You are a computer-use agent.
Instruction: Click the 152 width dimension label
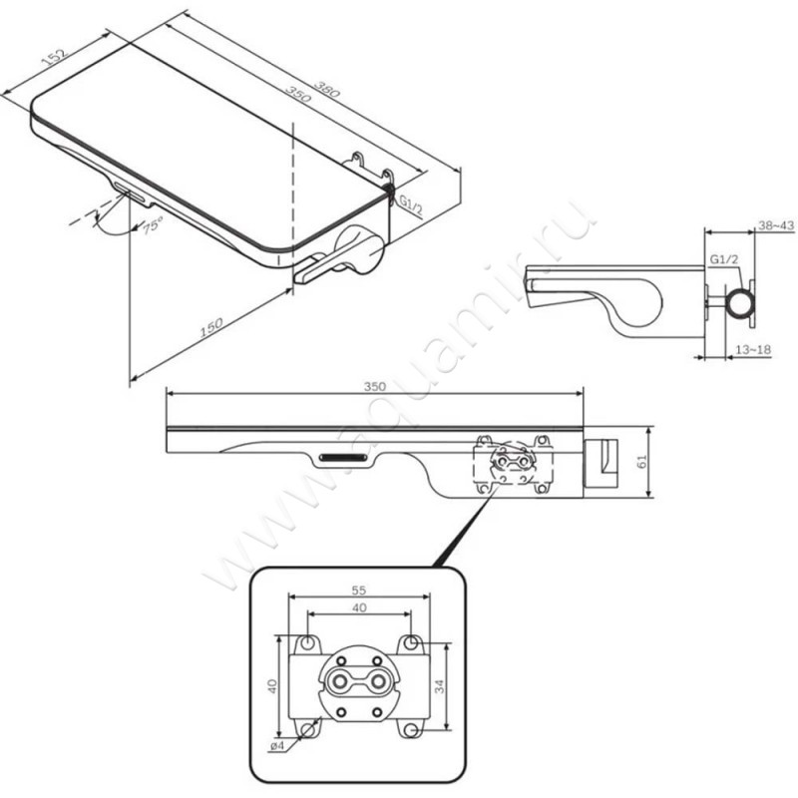pyautogui.click(x=55, y=57)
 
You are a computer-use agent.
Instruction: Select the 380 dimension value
pyautogui.click(x=326, y=89)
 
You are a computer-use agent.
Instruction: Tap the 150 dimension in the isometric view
pyautogui.click(x=210, y=328)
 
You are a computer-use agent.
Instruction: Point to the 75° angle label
pyautogui.click(x=152, y=223)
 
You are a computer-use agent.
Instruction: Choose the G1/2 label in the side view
pyautogui.click(x=724, y=259)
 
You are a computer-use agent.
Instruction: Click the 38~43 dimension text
pyautogui.click(x=776, y=225)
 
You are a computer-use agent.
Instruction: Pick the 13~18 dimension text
pyautogui.click(x=754, y=350)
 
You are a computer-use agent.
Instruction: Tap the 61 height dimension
pyautogui.click(x=642, y=461)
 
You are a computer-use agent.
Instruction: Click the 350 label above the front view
pyautogui.click(x=375, y=386)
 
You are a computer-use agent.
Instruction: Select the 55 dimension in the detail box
pyautogui.click(x=359, y=591)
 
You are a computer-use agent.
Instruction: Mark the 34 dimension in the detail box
pyautogui.click(x=440, y=685)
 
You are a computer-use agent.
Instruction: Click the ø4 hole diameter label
pyautogui.click(x=277, y=746)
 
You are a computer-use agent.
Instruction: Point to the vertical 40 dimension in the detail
pyautogui.click(x=272, y=685)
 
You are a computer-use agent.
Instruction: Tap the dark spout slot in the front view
pyautogui.click(x=342, y=457)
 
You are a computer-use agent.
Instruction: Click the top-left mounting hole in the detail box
pyautogui.click(x=307, y=643)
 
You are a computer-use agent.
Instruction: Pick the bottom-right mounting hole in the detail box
pyautogui.click(x=411, y=730)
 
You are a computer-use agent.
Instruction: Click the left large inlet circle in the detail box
pyautogui.click(x=338, y=680)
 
